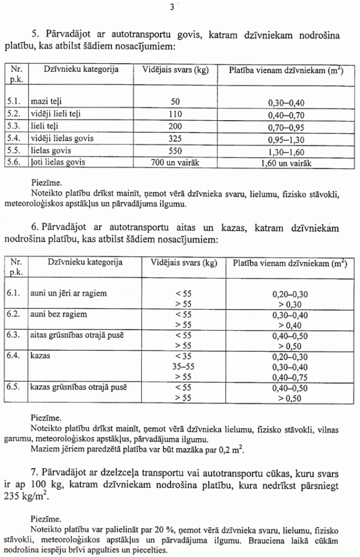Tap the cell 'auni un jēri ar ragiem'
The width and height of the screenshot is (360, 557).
(69, 292)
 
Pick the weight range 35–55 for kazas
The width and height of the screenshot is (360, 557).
(183, 366)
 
